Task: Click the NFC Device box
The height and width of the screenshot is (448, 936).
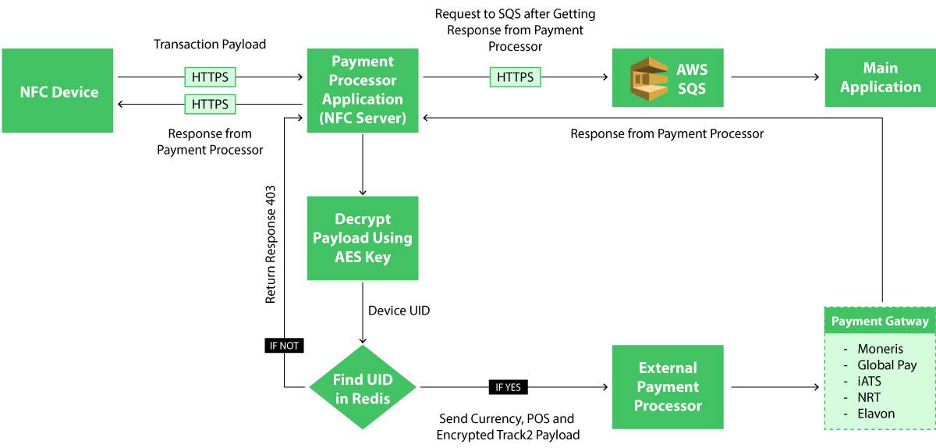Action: pos(58,91)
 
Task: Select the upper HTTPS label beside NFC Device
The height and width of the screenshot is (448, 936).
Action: pos(210,77)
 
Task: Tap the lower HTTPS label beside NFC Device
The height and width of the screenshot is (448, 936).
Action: pos(210,104)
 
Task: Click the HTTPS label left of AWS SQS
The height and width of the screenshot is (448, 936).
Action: pos(515,77)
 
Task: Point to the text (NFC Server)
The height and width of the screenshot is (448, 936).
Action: pos(363,119)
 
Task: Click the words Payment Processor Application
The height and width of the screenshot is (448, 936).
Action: pos(363,80)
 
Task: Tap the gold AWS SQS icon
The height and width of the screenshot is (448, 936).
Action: pos(649,79)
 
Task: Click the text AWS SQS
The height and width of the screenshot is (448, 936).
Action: pos(692,79)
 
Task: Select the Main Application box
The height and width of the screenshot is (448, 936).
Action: pos(880,78)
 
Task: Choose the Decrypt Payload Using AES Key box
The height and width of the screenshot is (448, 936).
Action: pos(363,238)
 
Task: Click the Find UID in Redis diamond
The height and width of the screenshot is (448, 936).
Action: pos(363,388)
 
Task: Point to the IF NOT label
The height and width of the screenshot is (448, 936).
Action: pos(284,346)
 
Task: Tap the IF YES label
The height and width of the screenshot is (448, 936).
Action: pos(509,387)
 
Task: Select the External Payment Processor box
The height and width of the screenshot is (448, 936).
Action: pos(668,387)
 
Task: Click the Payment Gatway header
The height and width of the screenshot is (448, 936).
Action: pos(880,322)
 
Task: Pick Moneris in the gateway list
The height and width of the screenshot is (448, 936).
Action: pos(880,349)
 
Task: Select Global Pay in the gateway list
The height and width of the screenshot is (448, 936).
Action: pos(887,365)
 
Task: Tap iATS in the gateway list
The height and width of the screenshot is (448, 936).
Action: pos(869,382)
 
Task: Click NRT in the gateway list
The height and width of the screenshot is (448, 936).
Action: pos(869,397)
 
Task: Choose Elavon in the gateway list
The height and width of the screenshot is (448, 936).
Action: pos(876,414)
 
